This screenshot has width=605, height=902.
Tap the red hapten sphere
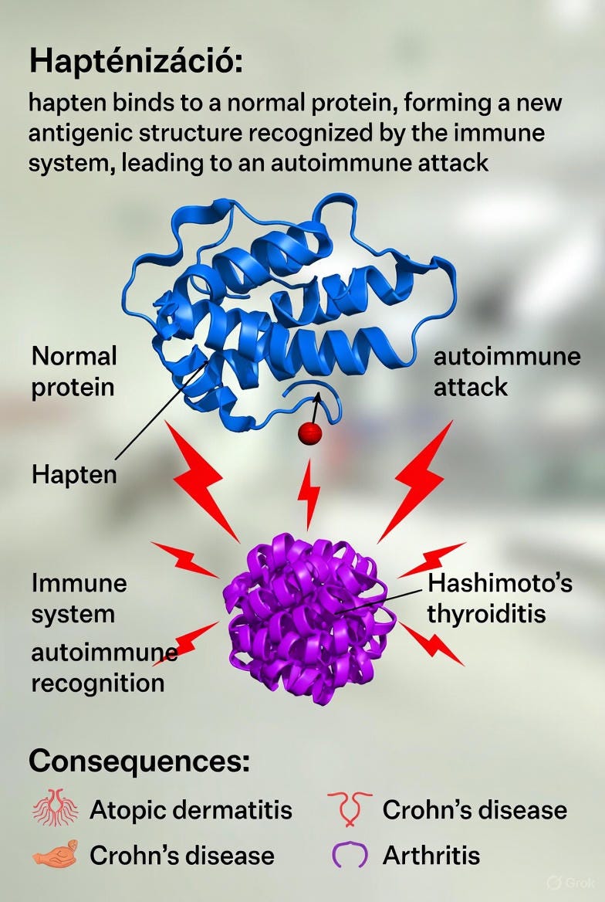click(309, 433)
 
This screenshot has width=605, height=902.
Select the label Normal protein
click(74, 371)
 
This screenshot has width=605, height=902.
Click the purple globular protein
click(309, 618)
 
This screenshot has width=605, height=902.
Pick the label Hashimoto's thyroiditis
click(499, 598)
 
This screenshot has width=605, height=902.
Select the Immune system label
click(79, 598)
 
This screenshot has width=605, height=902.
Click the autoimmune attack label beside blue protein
click(506, 371)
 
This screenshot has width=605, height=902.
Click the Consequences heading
click(139, 761)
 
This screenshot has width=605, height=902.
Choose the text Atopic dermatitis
click(191, 810)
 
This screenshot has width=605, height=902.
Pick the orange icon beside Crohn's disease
click(53, 854)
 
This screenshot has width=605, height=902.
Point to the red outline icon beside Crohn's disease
click(348, 808)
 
